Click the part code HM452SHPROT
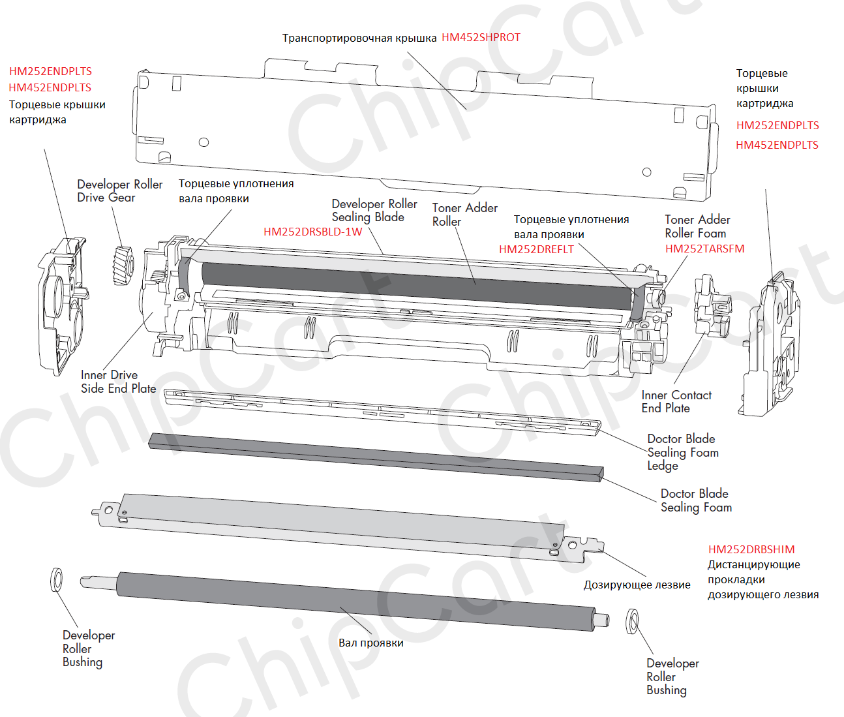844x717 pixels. (x=481, y=38)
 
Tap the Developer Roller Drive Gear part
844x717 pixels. (x=123, y=266)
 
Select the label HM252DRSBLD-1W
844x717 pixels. (x=312, y=232)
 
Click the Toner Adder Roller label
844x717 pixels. (x=464, y=215)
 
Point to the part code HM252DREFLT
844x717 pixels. (x=536, y=249)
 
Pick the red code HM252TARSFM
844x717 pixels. (x=704, y=249)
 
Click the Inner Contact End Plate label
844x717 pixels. (x=676, y=401)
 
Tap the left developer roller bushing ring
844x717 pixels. (x=57, y=579)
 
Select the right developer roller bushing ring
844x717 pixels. (x=632, y=621)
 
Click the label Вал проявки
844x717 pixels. (x=370, y=643)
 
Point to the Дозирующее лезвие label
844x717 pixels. (x=637, y=585)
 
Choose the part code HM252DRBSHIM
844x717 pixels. (x=751, y=549)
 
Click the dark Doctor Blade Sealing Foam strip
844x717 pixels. (x=375, y=457)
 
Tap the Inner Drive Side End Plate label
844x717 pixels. (x=118, y=382)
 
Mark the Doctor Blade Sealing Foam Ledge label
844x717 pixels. (x=682, y=452)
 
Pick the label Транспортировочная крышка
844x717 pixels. (x=359, y=38)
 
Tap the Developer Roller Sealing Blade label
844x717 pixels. (x=374, y=211)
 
